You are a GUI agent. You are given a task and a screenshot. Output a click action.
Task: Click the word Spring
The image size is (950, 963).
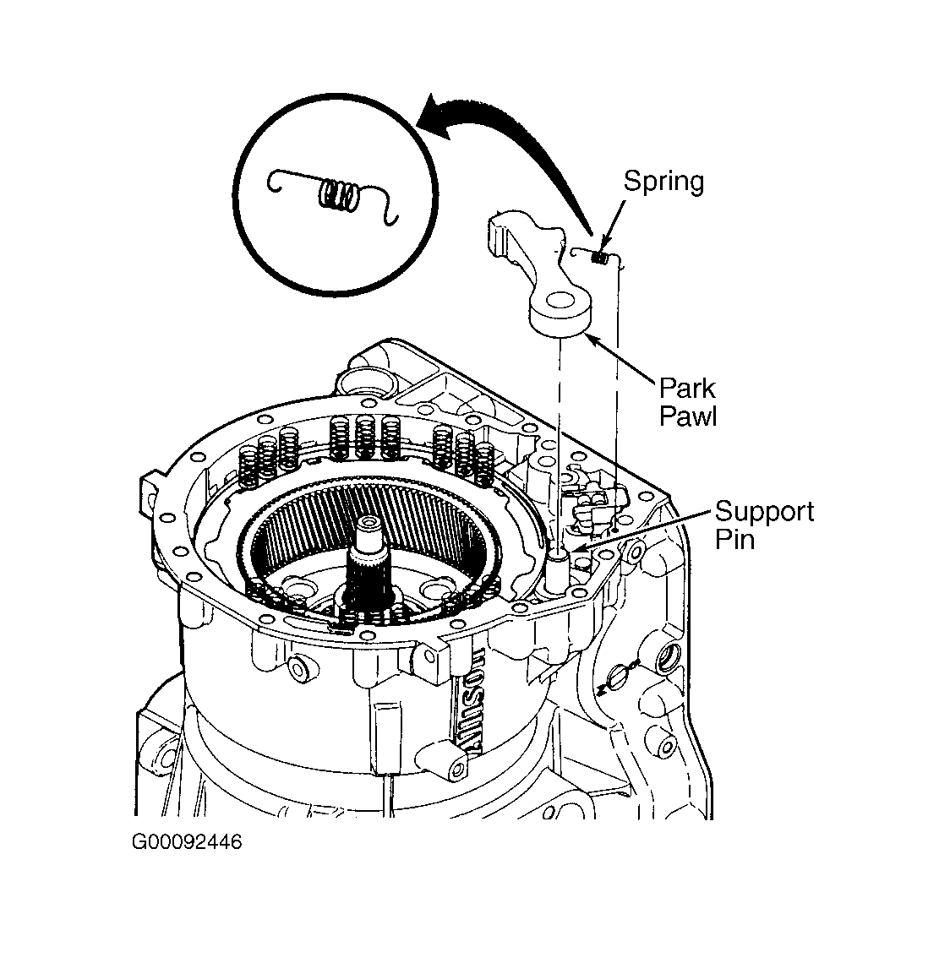[663, 182]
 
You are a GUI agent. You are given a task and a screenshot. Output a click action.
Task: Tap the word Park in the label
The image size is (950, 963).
[687, 388]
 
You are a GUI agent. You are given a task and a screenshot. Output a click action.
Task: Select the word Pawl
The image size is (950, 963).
[688, 416]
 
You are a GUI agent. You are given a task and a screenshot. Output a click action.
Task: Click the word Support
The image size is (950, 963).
[764, 512]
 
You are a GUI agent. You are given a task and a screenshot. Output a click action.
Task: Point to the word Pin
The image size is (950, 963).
[735, 540]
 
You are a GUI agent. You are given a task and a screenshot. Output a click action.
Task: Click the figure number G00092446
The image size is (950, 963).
[187, 841]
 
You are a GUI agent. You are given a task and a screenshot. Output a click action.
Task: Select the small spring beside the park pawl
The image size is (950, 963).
[600, 257]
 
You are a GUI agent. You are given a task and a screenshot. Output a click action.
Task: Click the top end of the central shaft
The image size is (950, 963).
[369, 523]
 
